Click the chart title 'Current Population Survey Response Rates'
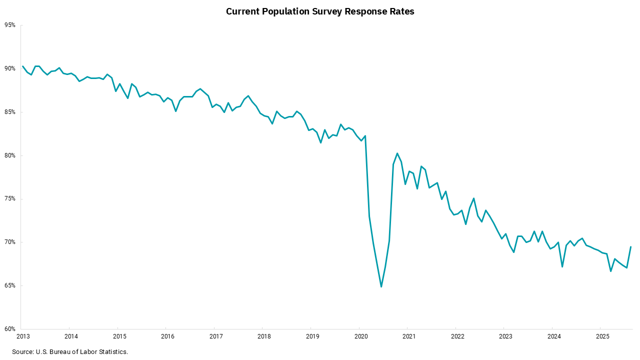(x=320, y=11)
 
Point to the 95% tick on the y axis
(x=10, y=25)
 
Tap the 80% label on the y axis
(x=10, y=155)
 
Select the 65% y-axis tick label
(x=10, y=285)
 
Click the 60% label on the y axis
(x=10, y=329)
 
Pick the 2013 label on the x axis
(x=22, y=336)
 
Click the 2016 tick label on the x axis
(x=167, y=336)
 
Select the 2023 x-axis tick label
(x=505, y=336)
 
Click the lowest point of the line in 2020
(x=381, y=286)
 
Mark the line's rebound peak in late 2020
(x=397, y=153)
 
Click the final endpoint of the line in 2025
(x=631, y=246)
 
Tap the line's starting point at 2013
(x=23, y=66)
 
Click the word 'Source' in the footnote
(x=22, y=352)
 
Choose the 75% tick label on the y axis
(x=10, y=199)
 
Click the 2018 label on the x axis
(x=263, y=336)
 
